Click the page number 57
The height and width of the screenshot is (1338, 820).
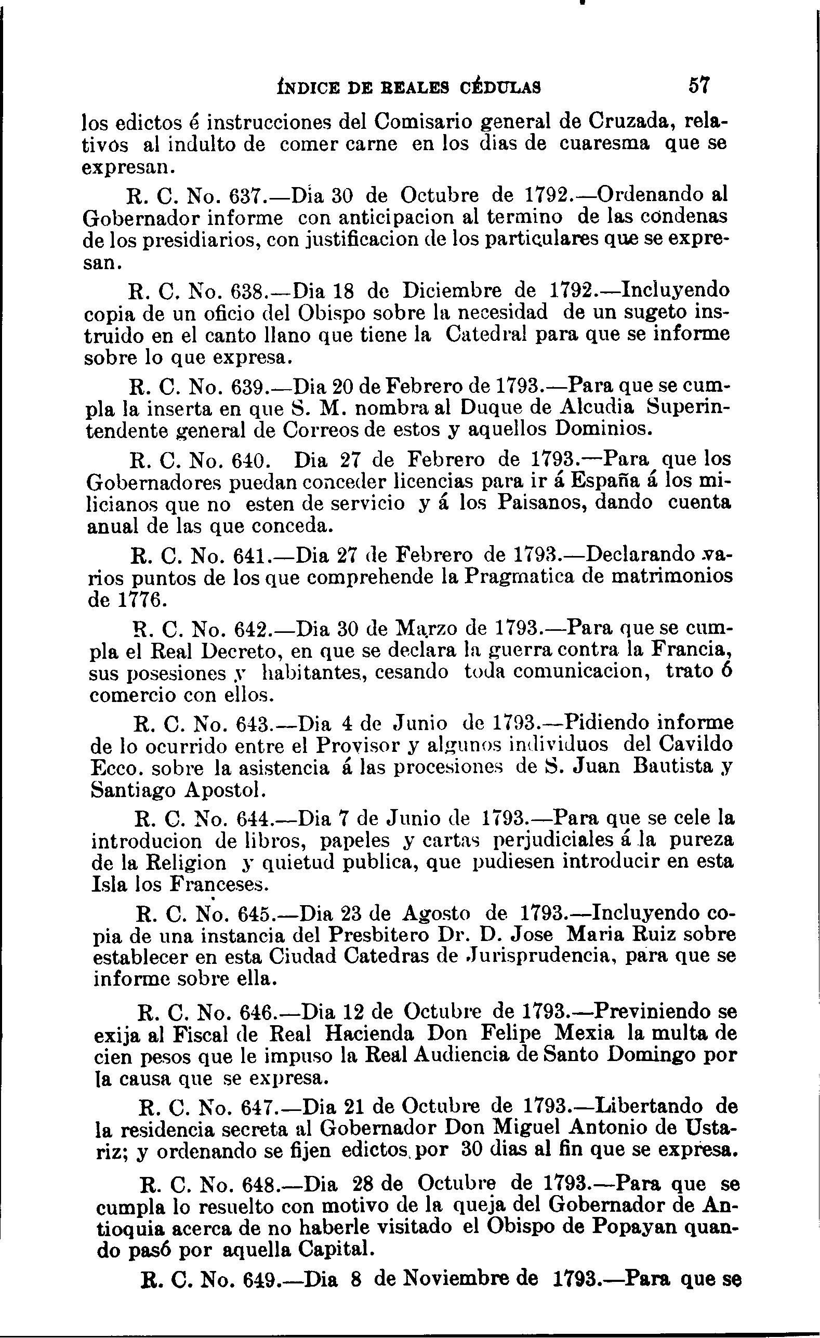pos(699,85)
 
